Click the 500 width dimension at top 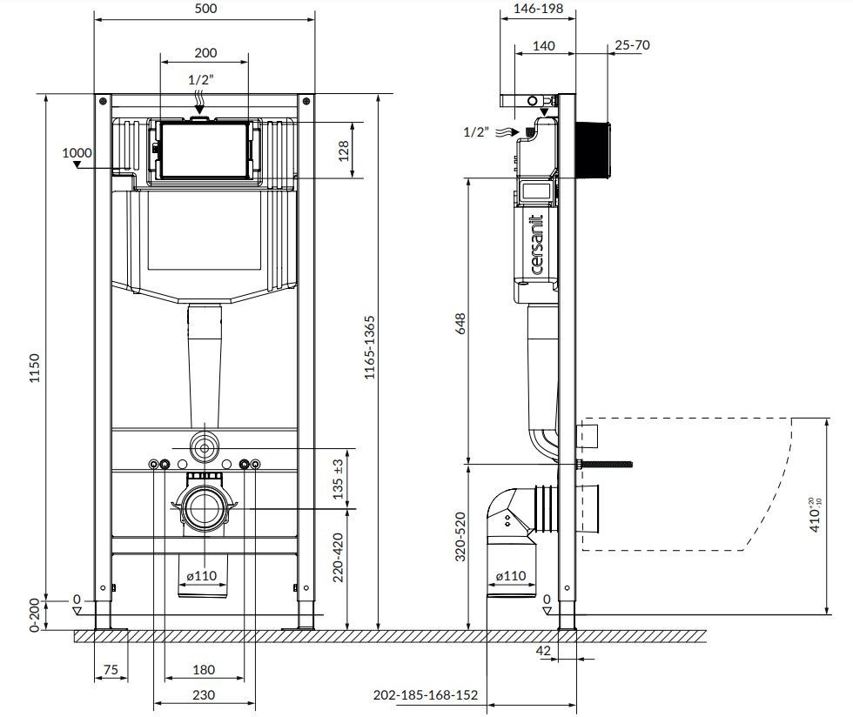[x=205, y=8]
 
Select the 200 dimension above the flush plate [x=205, y=52]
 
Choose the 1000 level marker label [x=77, y=153]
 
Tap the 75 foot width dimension [x=111, y=669]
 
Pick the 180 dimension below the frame [x=205, y=669]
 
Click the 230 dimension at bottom [x=205, y=695]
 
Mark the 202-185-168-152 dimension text [x=426, y=695]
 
